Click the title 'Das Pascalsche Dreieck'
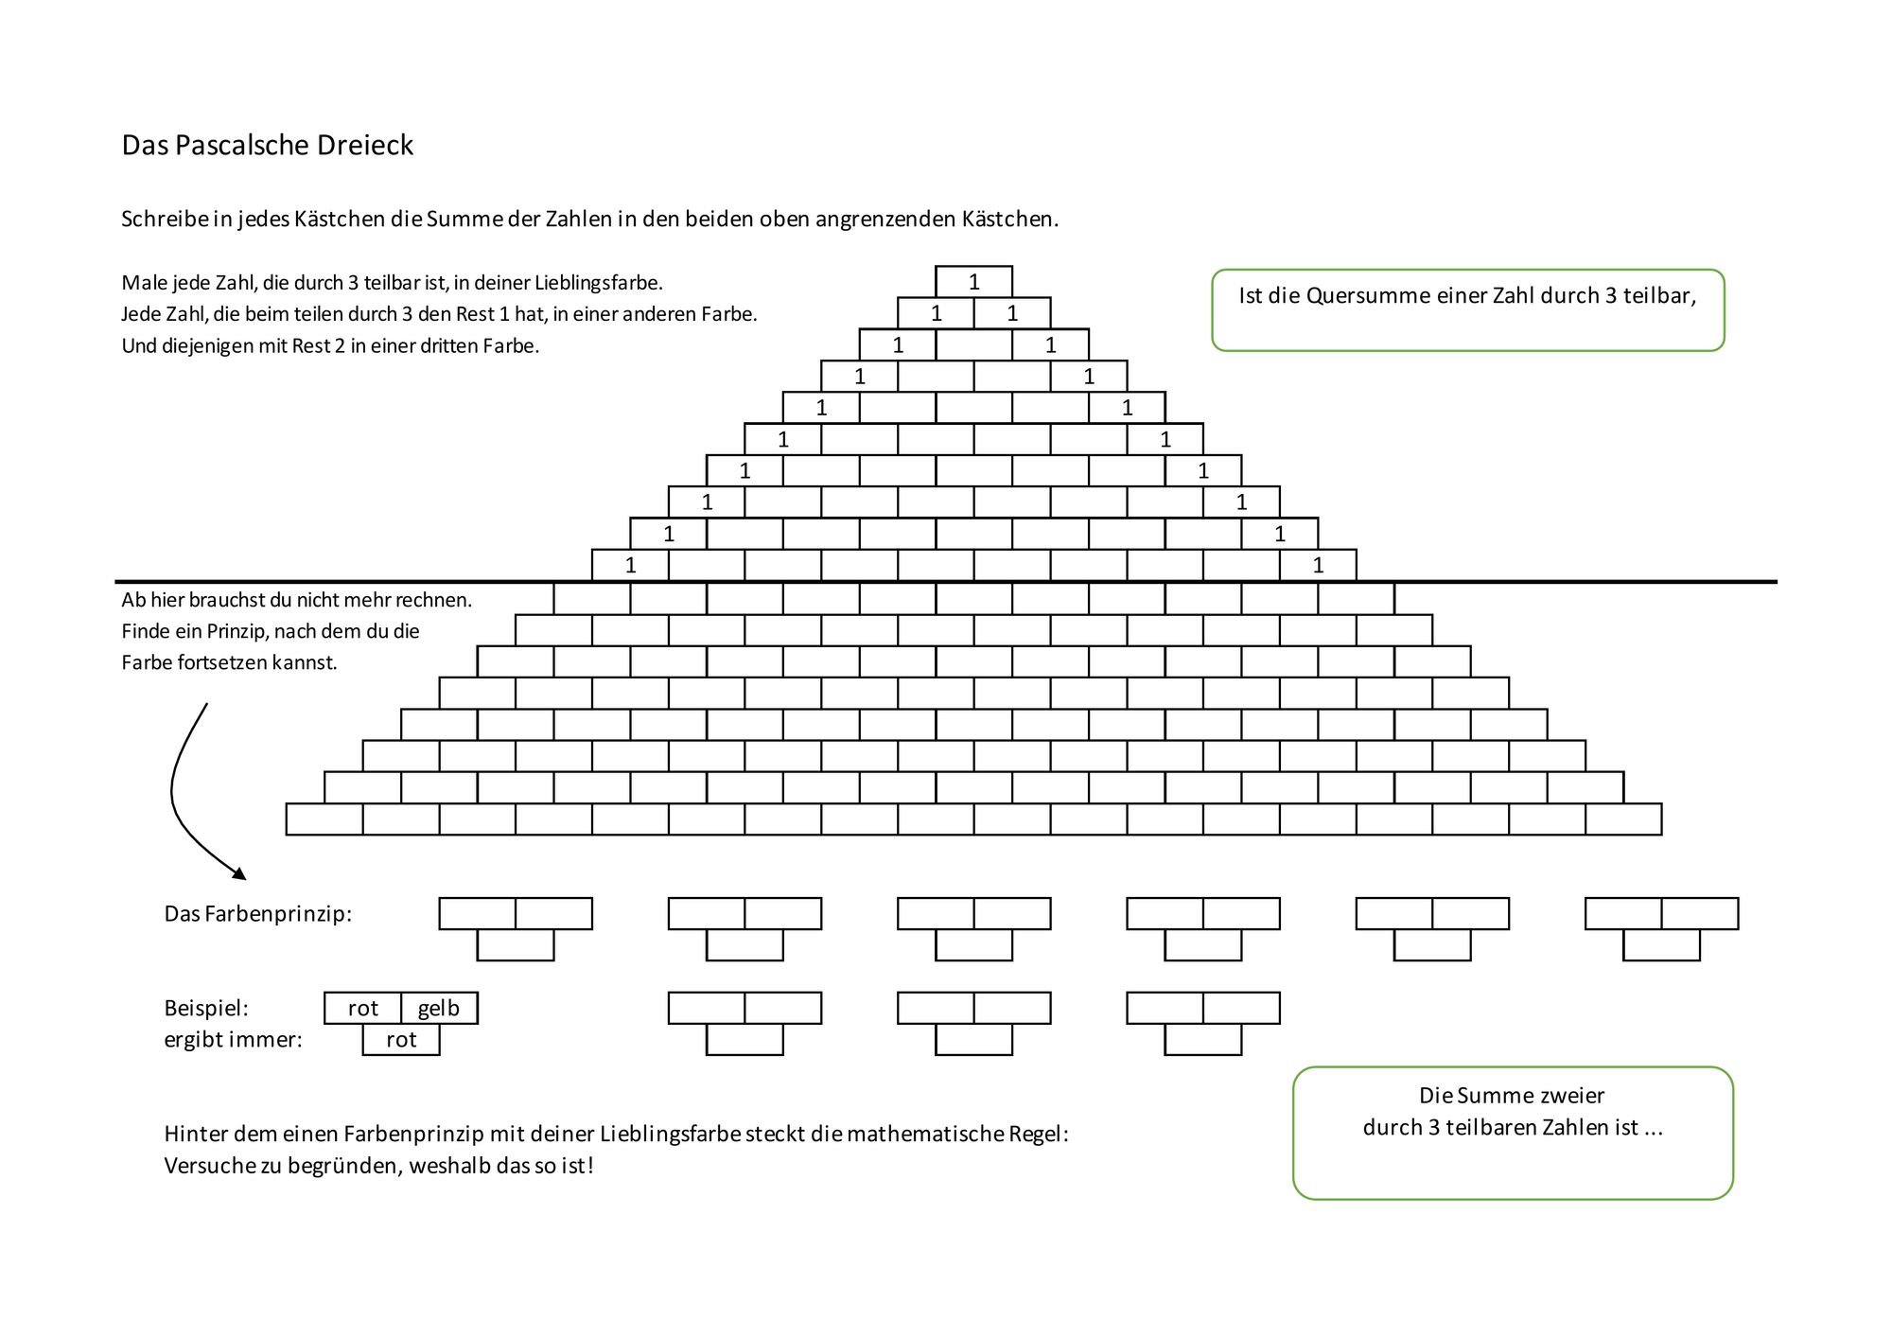coord(268,145)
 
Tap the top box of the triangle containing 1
coord(974,282)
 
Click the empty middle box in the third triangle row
coord(974,344)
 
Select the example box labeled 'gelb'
coord(439,1008)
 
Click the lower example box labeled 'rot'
coord(401,1040)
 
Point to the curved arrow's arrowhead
coord(239,873)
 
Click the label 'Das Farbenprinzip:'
coord(258,914)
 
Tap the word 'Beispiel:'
coord(206,1008)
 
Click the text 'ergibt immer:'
coord(234,1040)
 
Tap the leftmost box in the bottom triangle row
coord(324,819)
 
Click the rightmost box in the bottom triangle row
coord(1623,819)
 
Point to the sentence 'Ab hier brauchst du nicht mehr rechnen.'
coord(297,600)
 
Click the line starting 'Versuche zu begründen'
coord(379,1166)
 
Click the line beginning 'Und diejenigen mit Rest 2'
coord(330,346)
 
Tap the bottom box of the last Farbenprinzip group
coord(1661,945)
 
